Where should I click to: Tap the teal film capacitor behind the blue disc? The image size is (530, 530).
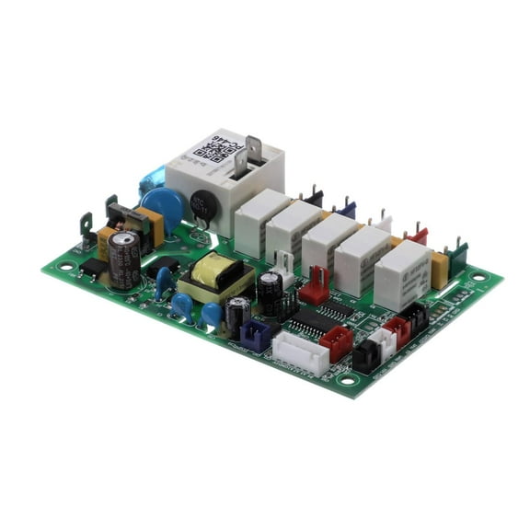(153, 177)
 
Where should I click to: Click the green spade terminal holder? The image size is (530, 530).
(455, 251)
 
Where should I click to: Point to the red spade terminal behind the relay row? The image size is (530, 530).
(418, 235)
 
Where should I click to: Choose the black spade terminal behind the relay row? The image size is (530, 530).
(313, 196)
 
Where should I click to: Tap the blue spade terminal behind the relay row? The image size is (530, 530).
(346, 208)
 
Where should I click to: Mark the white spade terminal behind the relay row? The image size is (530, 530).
(382, 222)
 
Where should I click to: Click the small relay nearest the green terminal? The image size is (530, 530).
(402, 274)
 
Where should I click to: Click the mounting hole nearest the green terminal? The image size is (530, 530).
(478, 275)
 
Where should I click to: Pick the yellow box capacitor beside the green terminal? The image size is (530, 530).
(439, 268)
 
